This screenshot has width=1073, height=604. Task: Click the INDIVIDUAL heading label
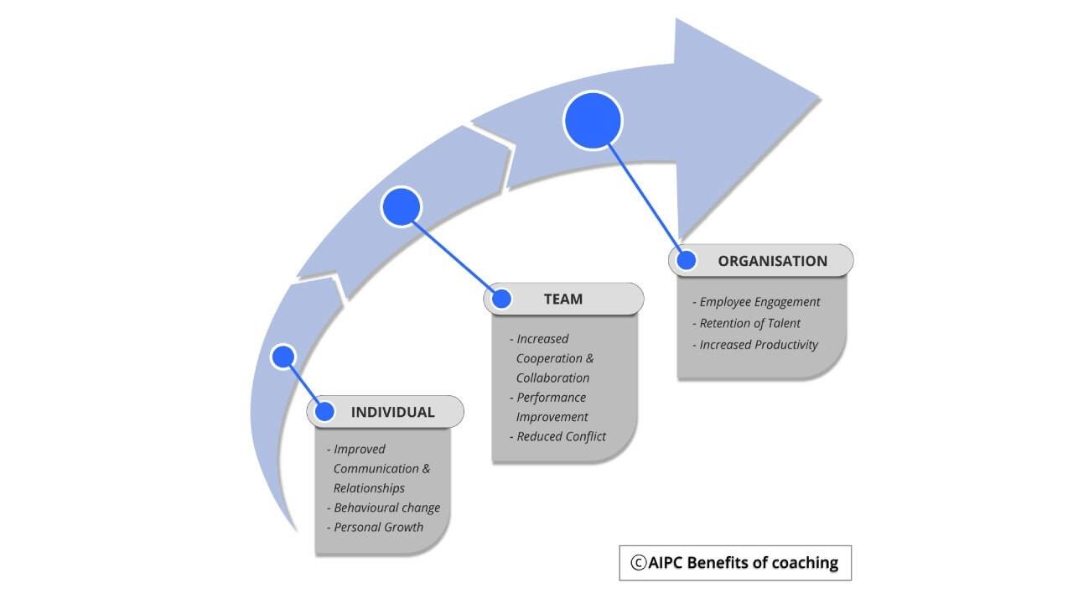click(392, 412)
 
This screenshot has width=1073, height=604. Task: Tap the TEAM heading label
click(563, 299)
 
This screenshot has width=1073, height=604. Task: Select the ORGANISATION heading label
click(772, 261)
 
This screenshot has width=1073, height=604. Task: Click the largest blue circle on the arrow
click(593, 121)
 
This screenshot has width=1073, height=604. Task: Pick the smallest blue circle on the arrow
click(283, 357)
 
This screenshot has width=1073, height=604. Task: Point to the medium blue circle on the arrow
click(402, 206)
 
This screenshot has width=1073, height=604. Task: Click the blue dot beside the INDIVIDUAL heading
click(324, 412)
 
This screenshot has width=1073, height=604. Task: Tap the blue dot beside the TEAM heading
click(501, 299)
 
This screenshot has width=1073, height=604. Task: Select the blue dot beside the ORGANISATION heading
click(686, 260)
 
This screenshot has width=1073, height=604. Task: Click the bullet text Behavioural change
click(386, 508)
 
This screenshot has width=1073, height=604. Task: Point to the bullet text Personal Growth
click(378, 527)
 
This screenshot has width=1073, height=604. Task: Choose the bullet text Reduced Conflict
click(561, 436)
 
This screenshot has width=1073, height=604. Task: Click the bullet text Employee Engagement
click(759, 302)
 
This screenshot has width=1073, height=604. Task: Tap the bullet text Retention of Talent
click(749, 323)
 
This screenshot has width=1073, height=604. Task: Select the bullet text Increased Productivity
click(759, 344)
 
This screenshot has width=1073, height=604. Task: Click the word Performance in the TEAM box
click(551, 397)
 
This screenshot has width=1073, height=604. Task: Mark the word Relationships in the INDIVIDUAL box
click(369, 488)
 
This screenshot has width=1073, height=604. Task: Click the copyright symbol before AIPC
click(639, 563)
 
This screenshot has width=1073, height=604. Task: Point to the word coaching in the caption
click(805, 563)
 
